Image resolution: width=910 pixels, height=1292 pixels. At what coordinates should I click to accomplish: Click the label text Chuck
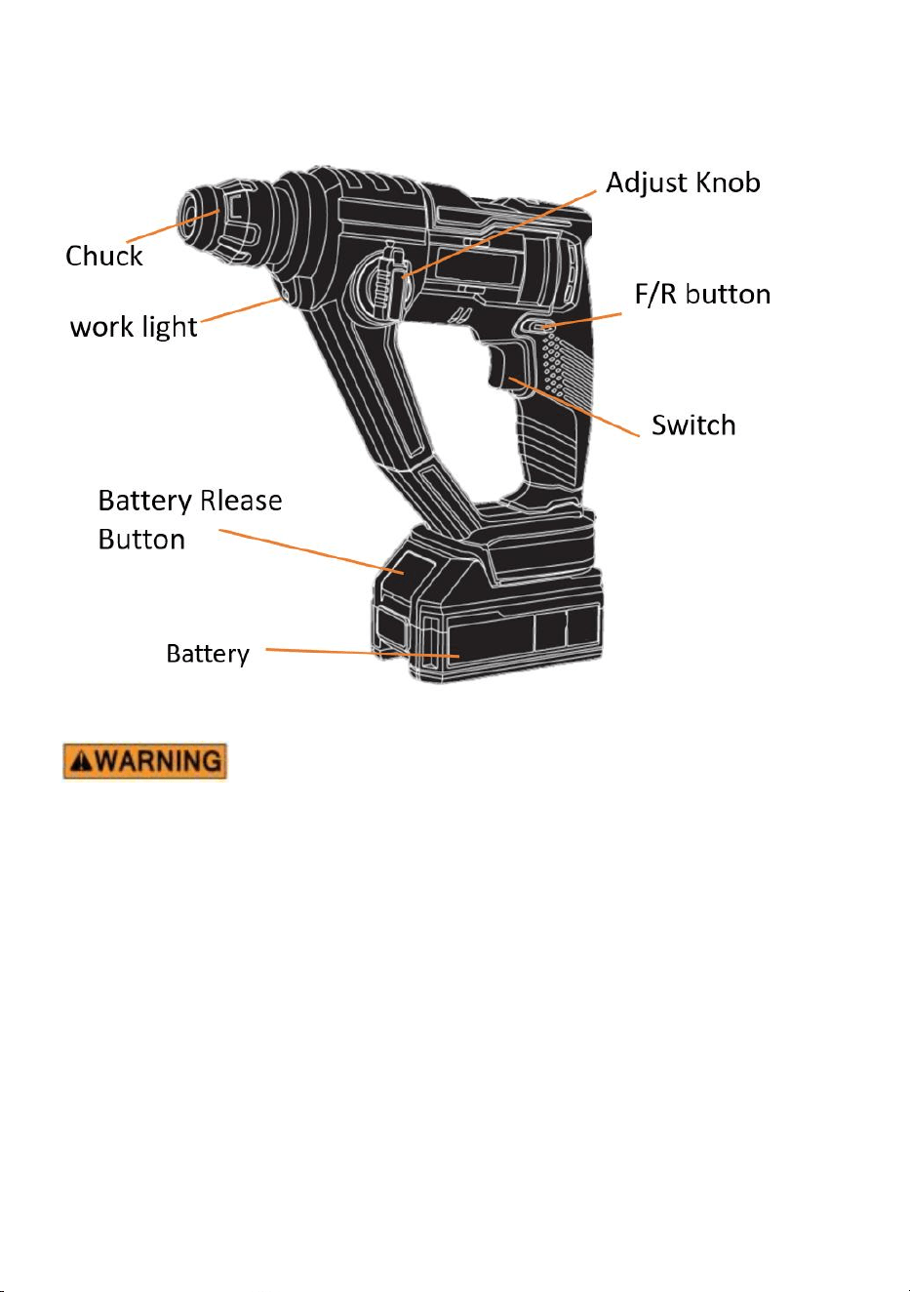click(x=103, y=256)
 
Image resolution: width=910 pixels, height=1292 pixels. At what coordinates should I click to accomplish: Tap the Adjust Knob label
click(x=683, y=182)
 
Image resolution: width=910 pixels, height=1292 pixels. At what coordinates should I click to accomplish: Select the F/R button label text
click(x=702, y=294)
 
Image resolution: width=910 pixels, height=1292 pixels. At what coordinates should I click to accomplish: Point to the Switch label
click(x=693, y=425)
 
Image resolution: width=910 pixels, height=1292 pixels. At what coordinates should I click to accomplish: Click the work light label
click(x=134, y=327)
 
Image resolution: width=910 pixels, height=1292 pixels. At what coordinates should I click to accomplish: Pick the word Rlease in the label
click(x=241, y=500)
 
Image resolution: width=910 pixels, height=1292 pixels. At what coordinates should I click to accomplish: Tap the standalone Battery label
click(x=208, y=654)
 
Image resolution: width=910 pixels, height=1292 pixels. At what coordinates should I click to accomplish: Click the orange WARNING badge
click(x=144, y=761)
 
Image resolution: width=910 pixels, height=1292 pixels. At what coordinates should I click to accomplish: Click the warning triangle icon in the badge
click(x=83, y=761)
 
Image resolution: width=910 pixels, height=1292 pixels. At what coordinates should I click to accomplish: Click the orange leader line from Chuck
click(x=173, y=225)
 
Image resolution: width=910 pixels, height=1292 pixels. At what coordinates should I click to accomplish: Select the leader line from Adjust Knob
click(x=498, y=234)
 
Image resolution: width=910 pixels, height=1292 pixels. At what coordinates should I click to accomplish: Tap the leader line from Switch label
click(x=574, y=407)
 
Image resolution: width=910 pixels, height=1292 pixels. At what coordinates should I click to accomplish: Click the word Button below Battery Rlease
click(x=141, y=540)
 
